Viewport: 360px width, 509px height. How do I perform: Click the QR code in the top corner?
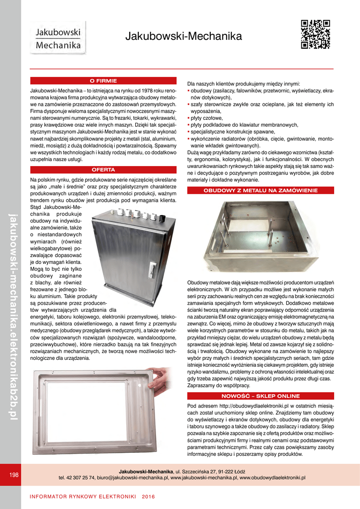316,34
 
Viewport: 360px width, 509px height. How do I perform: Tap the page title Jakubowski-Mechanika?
183,36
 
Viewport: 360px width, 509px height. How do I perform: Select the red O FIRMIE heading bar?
103,81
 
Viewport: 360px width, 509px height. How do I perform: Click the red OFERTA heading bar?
103,170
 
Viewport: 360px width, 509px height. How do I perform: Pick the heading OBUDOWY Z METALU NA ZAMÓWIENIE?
261,190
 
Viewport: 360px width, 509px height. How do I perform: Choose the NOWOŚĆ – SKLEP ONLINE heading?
261,396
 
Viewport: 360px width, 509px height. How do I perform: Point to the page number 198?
14,475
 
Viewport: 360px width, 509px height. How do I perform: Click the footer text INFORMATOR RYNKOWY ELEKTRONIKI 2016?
92,497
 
